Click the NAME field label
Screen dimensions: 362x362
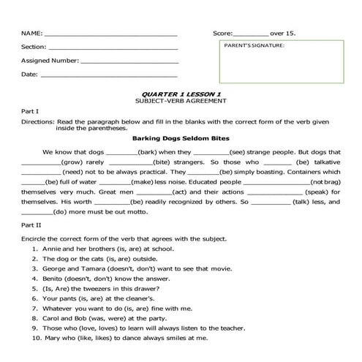pyautogui.click(x=31, y=34)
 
